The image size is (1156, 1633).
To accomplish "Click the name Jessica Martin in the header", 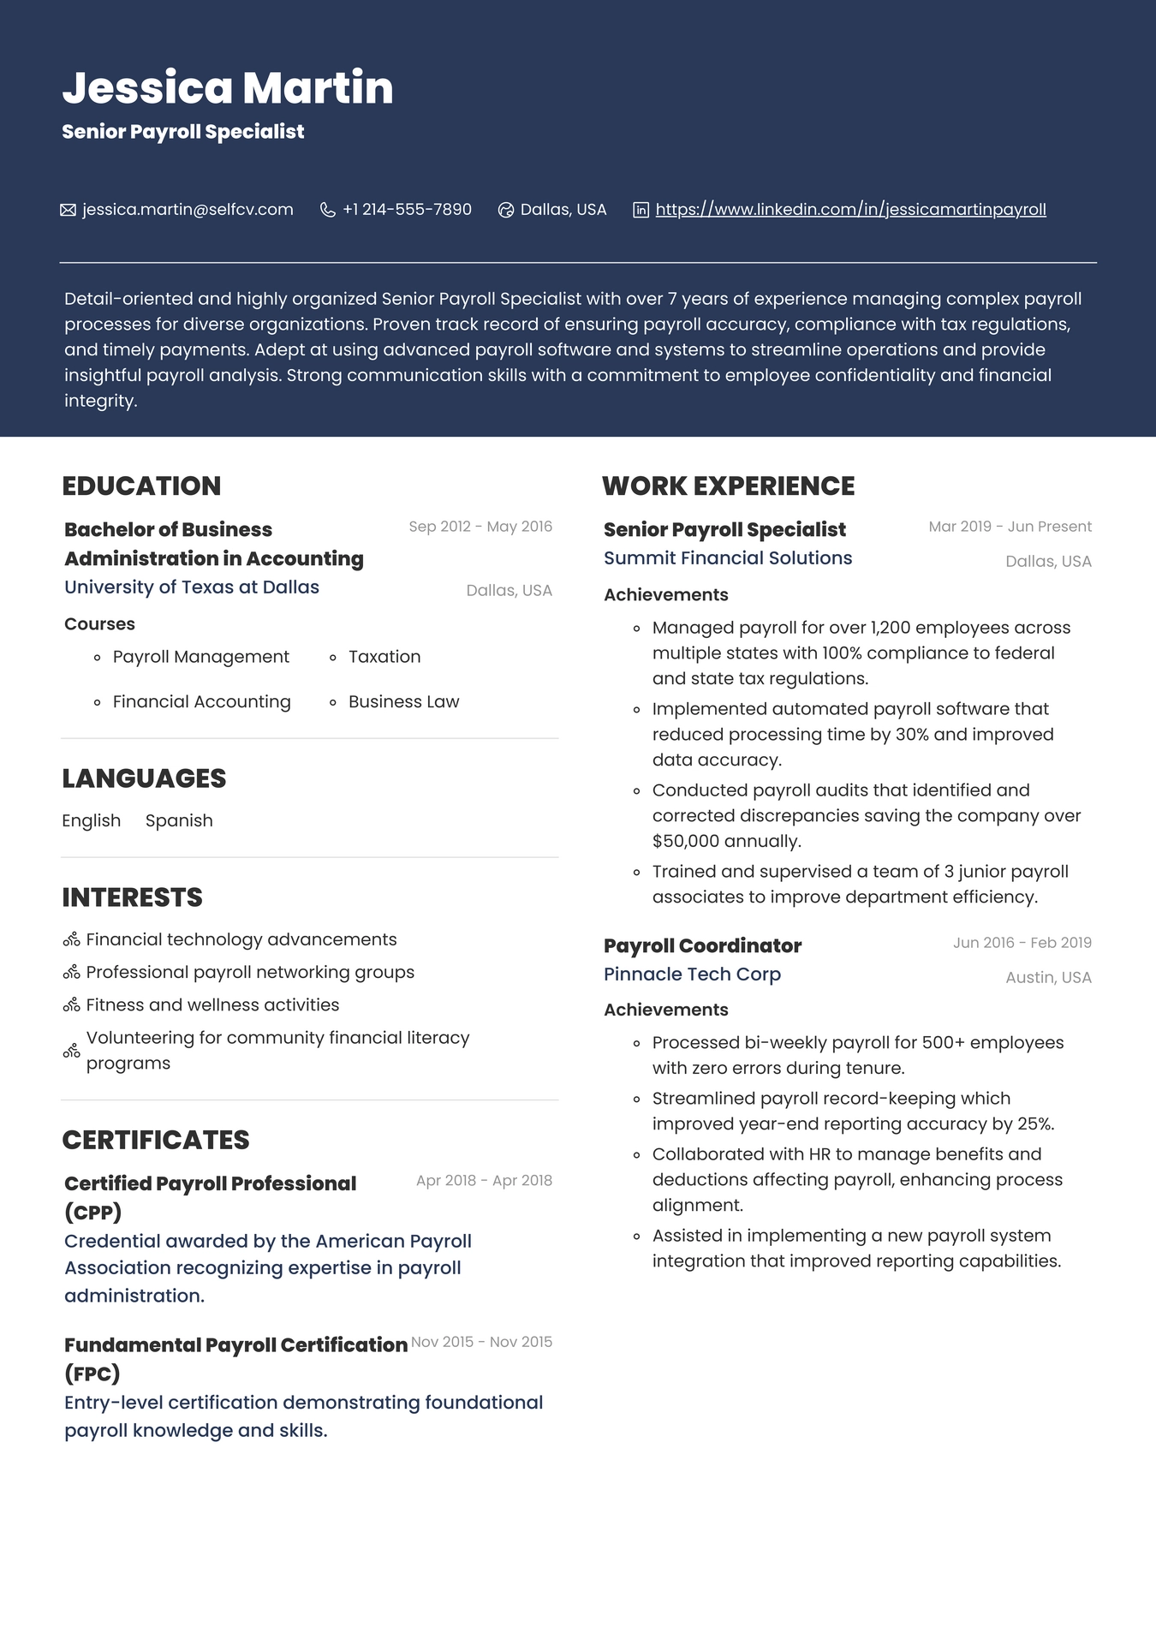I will coord(227,87).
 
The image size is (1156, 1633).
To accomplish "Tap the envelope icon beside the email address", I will coord(69,210).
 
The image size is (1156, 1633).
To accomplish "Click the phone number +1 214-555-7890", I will coord(407,210).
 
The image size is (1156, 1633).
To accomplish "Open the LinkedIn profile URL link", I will coord(850,210).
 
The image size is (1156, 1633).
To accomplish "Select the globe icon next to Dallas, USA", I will coord(506,210).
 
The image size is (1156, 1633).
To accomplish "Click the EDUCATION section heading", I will coord(141,486).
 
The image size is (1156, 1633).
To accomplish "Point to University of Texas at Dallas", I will coord(192,587).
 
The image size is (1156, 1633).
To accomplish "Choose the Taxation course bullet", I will coord(384,657).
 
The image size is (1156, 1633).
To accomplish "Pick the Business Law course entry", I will coord(403,701).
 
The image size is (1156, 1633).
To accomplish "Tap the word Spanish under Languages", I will coord(179,820).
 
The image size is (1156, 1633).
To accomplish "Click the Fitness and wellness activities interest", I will coord(212,1004).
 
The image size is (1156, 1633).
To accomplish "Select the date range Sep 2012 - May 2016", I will coord(480,527).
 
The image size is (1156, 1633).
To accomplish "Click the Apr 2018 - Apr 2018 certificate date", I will coord(484,1180).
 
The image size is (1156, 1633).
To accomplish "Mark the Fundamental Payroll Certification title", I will coord(235,1345).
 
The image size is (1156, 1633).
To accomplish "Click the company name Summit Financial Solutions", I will coord(728,558).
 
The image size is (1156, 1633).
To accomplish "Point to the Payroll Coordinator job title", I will coord(702,945).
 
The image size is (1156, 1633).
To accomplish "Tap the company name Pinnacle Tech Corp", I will coord(692,974).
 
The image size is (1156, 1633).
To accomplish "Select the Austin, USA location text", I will coord(1048,977).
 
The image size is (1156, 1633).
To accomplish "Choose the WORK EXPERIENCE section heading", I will coord(728,486).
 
